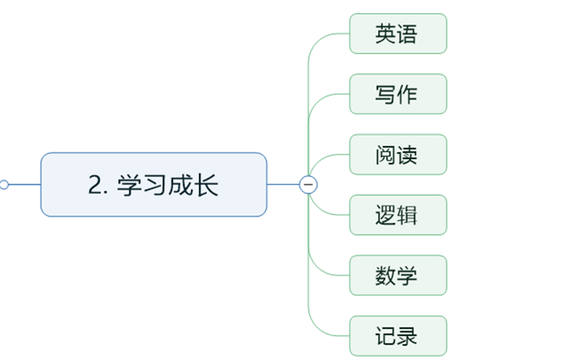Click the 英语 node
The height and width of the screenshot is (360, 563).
pos(398,34)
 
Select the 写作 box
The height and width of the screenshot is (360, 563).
pos(398,94)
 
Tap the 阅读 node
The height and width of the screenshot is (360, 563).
pos(398,154)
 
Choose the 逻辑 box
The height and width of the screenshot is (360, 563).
pos(398,215)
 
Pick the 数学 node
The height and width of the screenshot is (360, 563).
pos(398,275)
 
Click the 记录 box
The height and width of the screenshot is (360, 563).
pos(398,336)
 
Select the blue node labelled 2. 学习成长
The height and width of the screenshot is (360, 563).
pos(154,185)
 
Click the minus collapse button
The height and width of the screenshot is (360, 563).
pos(308,185)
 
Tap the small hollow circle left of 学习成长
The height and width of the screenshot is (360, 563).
pos(4,185)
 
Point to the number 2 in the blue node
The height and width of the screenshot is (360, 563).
pos(95,186)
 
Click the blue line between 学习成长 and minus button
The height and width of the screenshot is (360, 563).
pos(283,185)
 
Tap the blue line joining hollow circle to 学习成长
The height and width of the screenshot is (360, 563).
pos(25,185)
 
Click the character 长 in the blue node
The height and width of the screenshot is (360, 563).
pos(206,186)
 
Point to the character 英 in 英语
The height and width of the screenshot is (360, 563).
pos(385,34)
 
